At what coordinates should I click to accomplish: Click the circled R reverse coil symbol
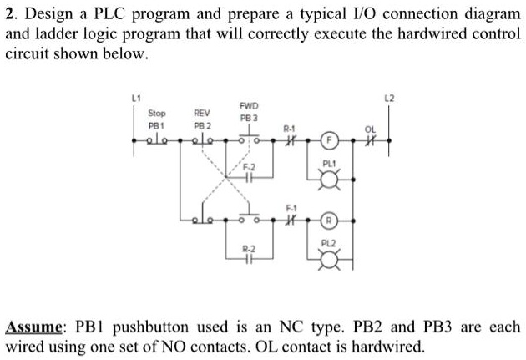pos(330,221)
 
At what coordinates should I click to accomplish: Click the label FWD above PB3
pos(249,106)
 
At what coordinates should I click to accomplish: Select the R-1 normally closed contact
pos(289,141)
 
